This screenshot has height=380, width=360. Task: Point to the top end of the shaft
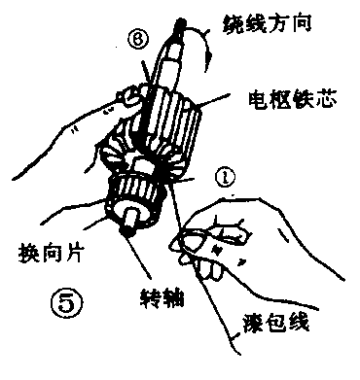click(x=181, y=24)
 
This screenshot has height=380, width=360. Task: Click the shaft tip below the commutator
click(x=127, y=228)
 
